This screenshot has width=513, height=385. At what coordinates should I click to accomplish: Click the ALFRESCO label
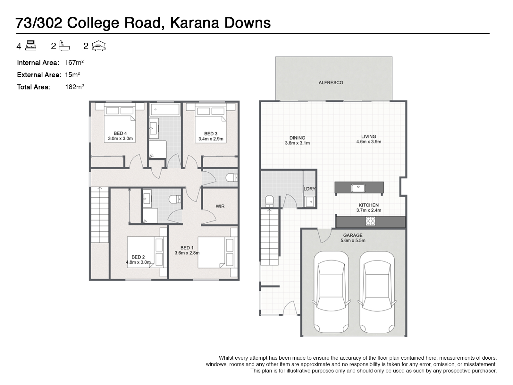point(331,82)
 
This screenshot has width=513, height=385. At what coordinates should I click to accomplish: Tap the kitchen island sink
point(358,188)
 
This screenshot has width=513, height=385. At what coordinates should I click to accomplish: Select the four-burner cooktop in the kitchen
point(370,221)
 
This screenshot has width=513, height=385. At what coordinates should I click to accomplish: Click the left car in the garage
point(331,292)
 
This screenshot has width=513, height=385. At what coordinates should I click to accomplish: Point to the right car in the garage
point(377,292)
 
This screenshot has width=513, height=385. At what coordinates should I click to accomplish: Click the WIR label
point(220,206)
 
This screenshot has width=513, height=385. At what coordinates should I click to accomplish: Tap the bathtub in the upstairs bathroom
point(165,109)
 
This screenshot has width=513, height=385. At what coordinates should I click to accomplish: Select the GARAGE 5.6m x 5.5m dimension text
point(353,238)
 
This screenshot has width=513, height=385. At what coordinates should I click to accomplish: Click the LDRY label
point(309,189)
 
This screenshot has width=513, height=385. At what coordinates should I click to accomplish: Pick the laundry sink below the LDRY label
point(310,201)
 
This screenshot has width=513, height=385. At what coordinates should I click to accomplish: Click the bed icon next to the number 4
point(30,46)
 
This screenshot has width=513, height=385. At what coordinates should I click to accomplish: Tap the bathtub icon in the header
point(64,46)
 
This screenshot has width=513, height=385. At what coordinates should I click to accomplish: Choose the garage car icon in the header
point(99,46)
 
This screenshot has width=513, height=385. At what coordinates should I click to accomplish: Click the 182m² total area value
point(74,87)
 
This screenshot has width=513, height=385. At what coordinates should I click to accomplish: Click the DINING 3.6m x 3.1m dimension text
point(297,140)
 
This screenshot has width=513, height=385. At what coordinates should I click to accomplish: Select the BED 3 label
point(211,134)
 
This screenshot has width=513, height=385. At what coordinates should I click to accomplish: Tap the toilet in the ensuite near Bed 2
point(175,199)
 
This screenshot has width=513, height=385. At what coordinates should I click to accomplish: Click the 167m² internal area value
point(74,63)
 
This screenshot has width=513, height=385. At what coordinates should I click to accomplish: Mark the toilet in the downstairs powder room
point(269,201)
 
